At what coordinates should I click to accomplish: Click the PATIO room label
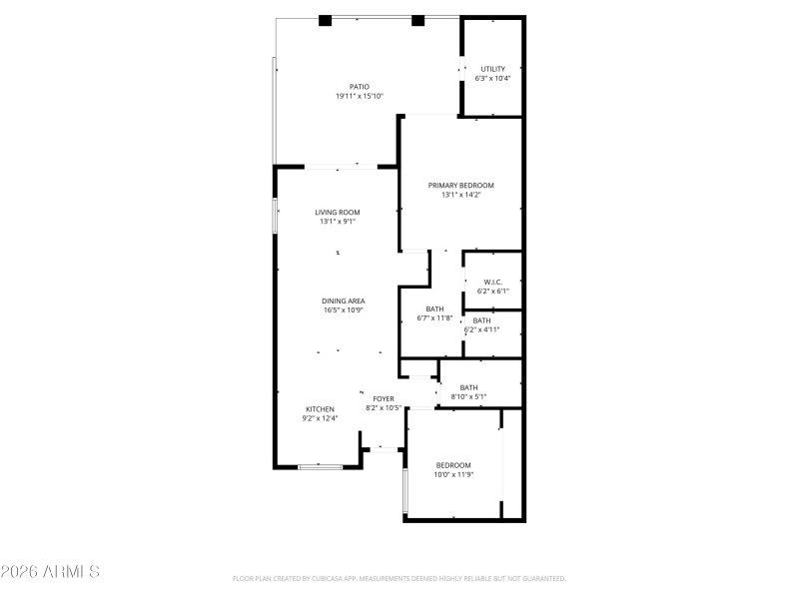coord(359,87)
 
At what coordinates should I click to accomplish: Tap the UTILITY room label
coord(493,69)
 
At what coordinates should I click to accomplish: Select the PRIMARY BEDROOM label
coord(460,186)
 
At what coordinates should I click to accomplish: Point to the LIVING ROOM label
coord(338,213)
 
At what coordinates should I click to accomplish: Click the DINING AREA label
coord(343,301)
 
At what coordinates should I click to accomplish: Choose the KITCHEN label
coord(320,409)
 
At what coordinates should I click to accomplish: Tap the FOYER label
coord(384,398)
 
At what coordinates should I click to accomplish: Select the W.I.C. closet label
coord(492,283)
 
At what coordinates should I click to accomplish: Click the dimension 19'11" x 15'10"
coord(359,97)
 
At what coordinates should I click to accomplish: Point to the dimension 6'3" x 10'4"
coord(493,79)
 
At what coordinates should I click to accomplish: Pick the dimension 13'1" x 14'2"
coord(460,196)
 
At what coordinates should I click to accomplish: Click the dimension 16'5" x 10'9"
coord(343,310)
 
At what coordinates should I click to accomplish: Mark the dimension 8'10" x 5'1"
coord(468,396)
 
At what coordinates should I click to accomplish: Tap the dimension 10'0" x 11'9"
coord(453,475)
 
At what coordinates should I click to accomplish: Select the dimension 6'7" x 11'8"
coord(434,318)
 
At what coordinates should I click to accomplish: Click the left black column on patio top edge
coord(326,20)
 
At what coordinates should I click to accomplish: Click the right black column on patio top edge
coord(417,20)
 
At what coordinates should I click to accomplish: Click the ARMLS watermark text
coord(50,572)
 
